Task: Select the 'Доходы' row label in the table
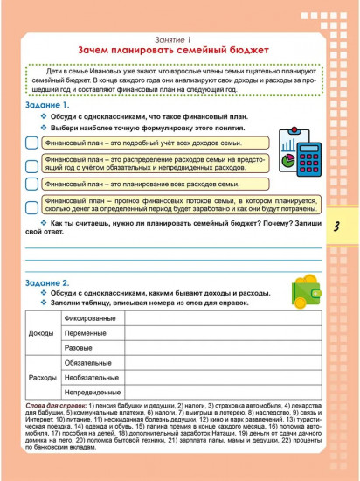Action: (x=41, y=334)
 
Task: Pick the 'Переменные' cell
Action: (x=88, y=333)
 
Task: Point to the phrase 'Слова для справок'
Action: (x=56, y=407)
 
